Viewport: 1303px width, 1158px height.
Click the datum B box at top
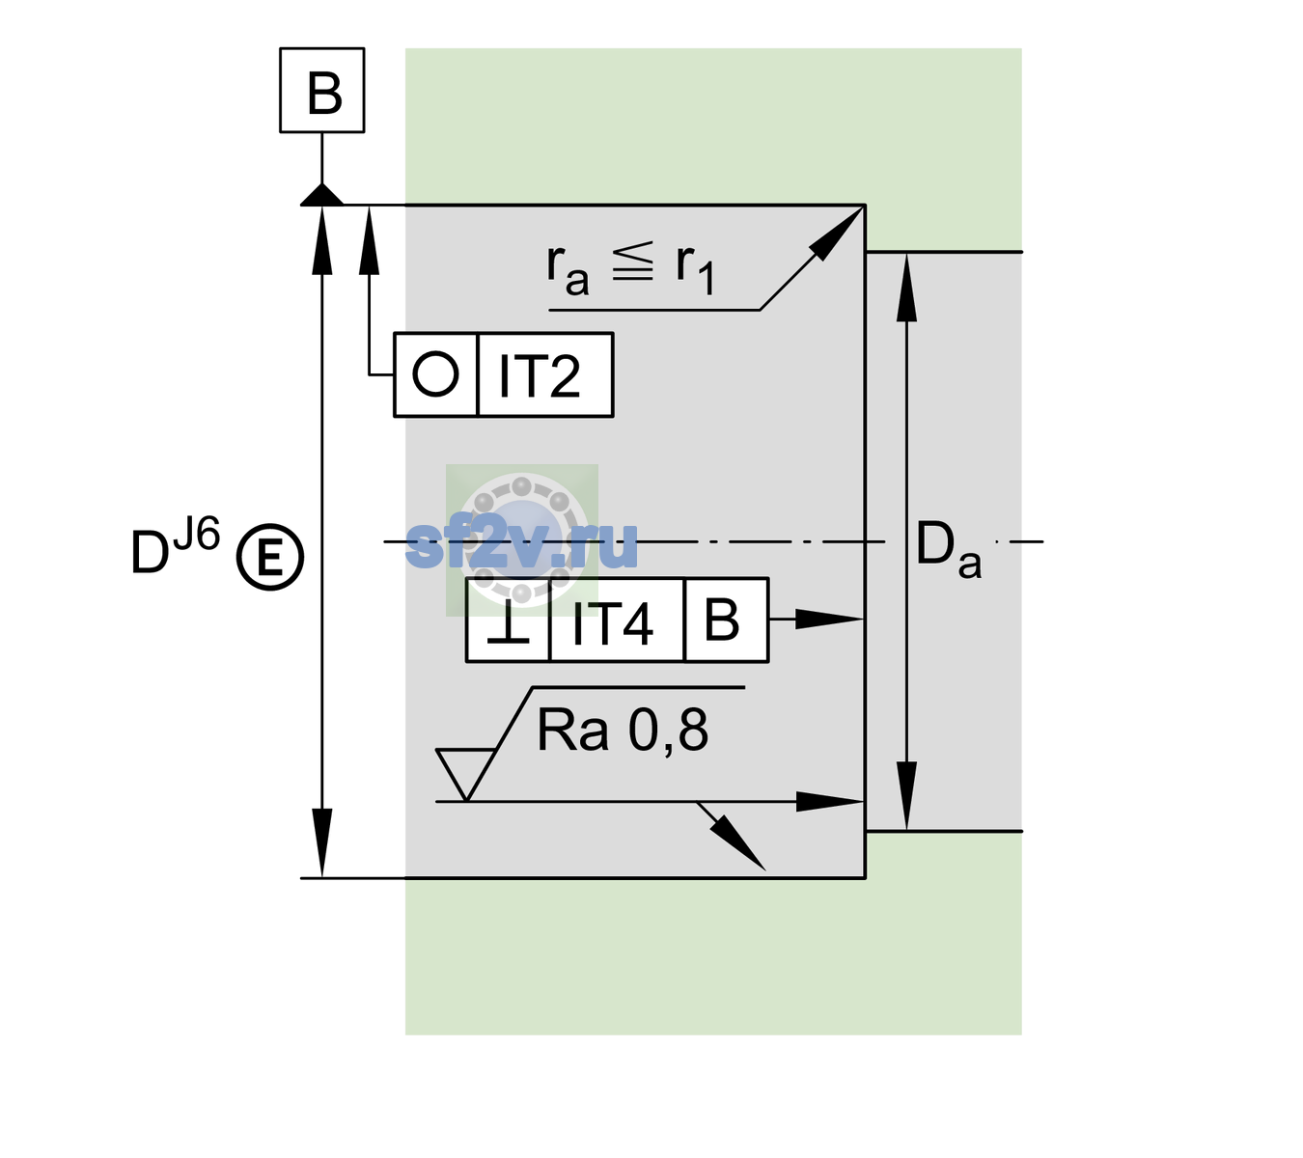pyautogui.click(x=321, y=90)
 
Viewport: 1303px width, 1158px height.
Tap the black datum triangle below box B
pyautogui.click(x=321, y=196)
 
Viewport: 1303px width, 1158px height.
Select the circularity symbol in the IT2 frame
pyautogui.click(x=435, y=374)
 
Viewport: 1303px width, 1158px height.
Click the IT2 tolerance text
pyautogui.click(x=539, y=376)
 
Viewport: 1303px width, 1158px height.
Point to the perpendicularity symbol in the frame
pyautogui.click(x=508, y=621)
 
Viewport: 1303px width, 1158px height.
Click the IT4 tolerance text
pyautogui.click(x=612, y=623)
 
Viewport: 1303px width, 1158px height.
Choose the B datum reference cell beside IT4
pyautogui.click(x=726, y=620)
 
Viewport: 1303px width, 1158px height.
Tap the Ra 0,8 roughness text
pyautogui.click(x=622, y=730)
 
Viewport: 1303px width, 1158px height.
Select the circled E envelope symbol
pyautogui.click(x=269, y=557)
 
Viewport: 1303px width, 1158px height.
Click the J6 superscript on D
pyautogui.click(x=197, y=534)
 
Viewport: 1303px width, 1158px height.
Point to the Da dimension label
pyautogui.click(x=948, y=550)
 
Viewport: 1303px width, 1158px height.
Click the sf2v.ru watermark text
pyautogui.click(x=521, y=544)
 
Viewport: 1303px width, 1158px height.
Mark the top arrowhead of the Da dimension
pyautogui.click(x=906, y=287)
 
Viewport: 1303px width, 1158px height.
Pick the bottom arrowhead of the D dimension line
pyautogui.click(x=321, y=842)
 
